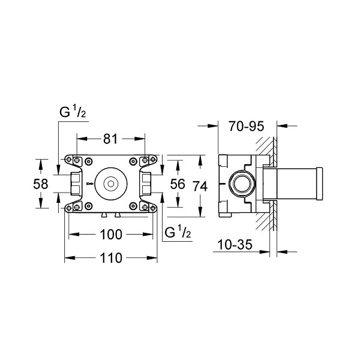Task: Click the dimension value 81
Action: coord(110,139)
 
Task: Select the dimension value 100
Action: coord(111,235)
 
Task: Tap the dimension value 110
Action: coord(111,258)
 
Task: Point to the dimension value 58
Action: coord(41,184)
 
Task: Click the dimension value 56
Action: coord(178,184)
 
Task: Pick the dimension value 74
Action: coord(200,186)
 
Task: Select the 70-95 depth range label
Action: coord(247,126)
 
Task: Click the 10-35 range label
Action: coord(235,245)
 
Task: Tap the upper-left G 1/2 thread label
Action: coord(73,112)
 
